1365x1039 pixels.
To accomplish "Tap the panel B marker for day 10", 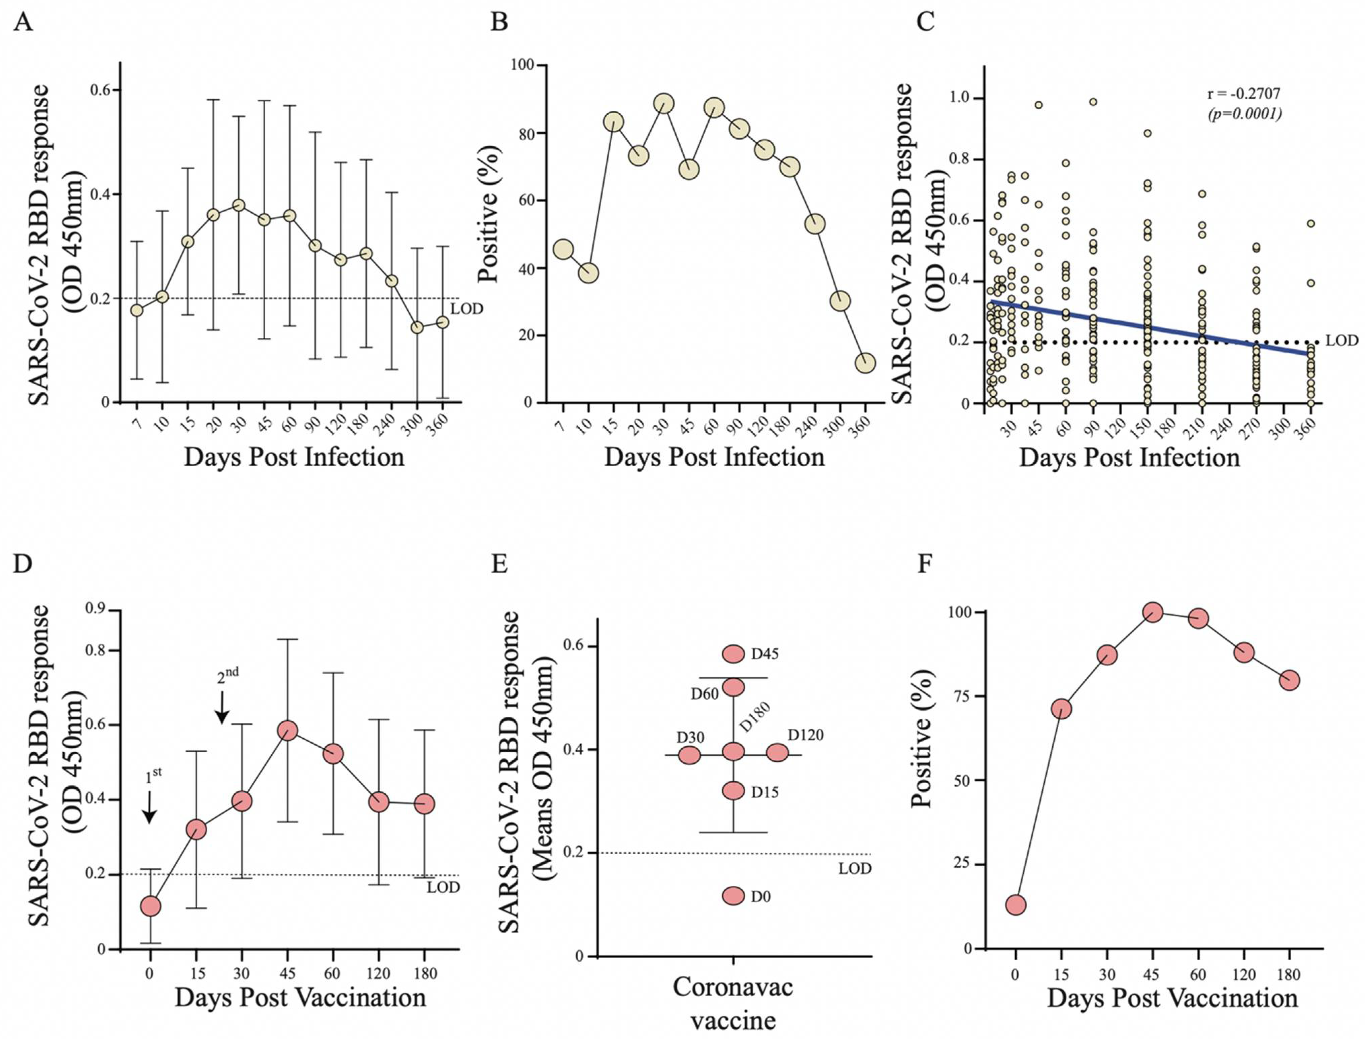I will [588, 273].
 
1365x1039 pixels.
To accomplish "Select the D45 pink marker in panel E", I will [734, 654].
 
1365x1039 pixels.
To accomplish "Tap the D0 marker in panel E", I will [734, 896].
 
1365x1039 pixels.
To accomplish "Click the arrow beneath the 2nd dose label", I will [222, 708].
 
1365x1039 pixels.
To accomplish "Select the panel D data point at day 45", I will [287, 730].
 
